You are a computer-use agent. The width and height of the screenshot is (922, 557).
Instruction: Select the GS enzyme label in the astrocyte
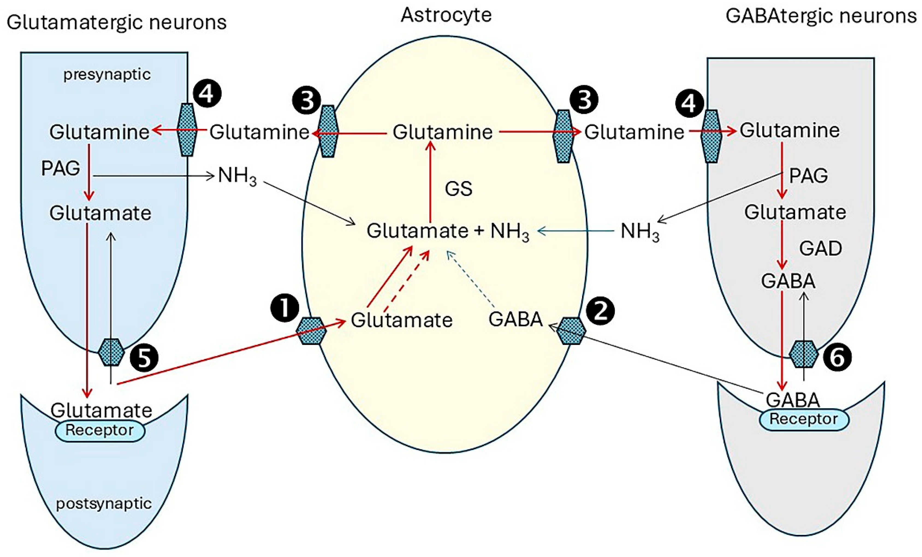(458, 189)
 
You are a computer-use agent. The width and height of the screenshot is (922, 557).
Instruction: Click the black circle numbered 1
(285, 309)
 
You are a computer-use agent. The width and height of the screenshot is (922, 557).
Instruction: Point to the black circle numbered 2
(600, 311)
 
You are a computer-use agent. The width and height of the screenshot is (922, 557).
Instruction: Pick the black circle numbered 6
(837, 357)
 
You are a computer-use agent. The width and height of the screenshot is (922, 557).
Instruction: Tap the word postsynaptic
(104, 504)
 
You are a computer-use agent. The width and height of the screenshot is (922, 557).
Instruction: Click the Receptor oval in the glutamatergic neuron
(100, 431)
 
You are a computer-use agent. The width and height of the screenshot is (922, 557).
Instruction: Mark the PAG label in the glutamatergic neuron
(60, 168)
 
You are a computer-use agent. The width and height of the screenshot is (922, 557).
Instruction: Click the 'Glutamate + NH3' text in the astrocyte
(447, 231)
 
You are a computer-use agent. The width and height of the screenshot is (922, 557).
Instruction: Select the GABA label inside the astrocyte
(515, 319)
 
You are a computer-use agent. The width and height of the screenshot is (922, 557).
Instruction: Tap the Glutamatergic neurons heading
(116, 22)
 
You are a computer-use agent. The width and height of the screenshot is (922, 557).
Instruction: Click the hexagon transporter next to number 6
(804, 354)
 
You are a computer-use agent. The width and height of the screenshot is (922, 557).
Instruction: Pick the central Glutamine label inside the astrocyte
(442, 132)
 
